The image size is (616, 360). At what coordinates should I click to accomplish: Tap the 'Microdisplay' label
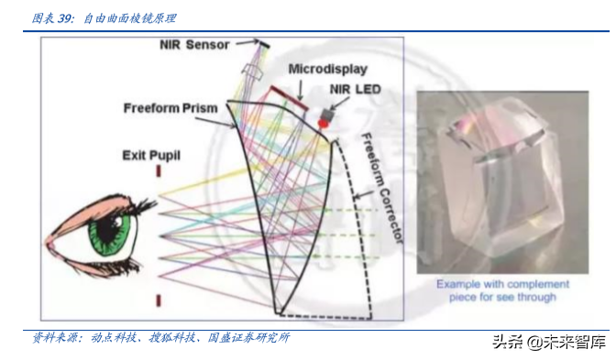(x=327, y=69)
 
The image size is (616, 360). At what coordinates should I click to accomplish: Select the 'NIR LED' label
(x=356, y=89)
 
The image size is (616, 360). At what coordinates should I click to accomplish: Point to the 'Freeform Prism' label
(x=170, y=108)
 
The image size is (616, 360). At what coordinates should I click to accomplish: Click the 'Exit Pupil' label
(x=151, y=156)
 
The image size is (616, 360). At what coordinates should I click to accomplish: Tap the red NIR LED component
(x=324, y=119)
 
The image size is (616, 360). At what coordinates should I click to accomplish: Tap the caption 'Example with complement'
(x=503, y=284)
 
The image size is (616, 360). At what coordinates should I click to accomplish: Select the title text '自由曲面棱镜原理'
(x=130, y=17)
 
